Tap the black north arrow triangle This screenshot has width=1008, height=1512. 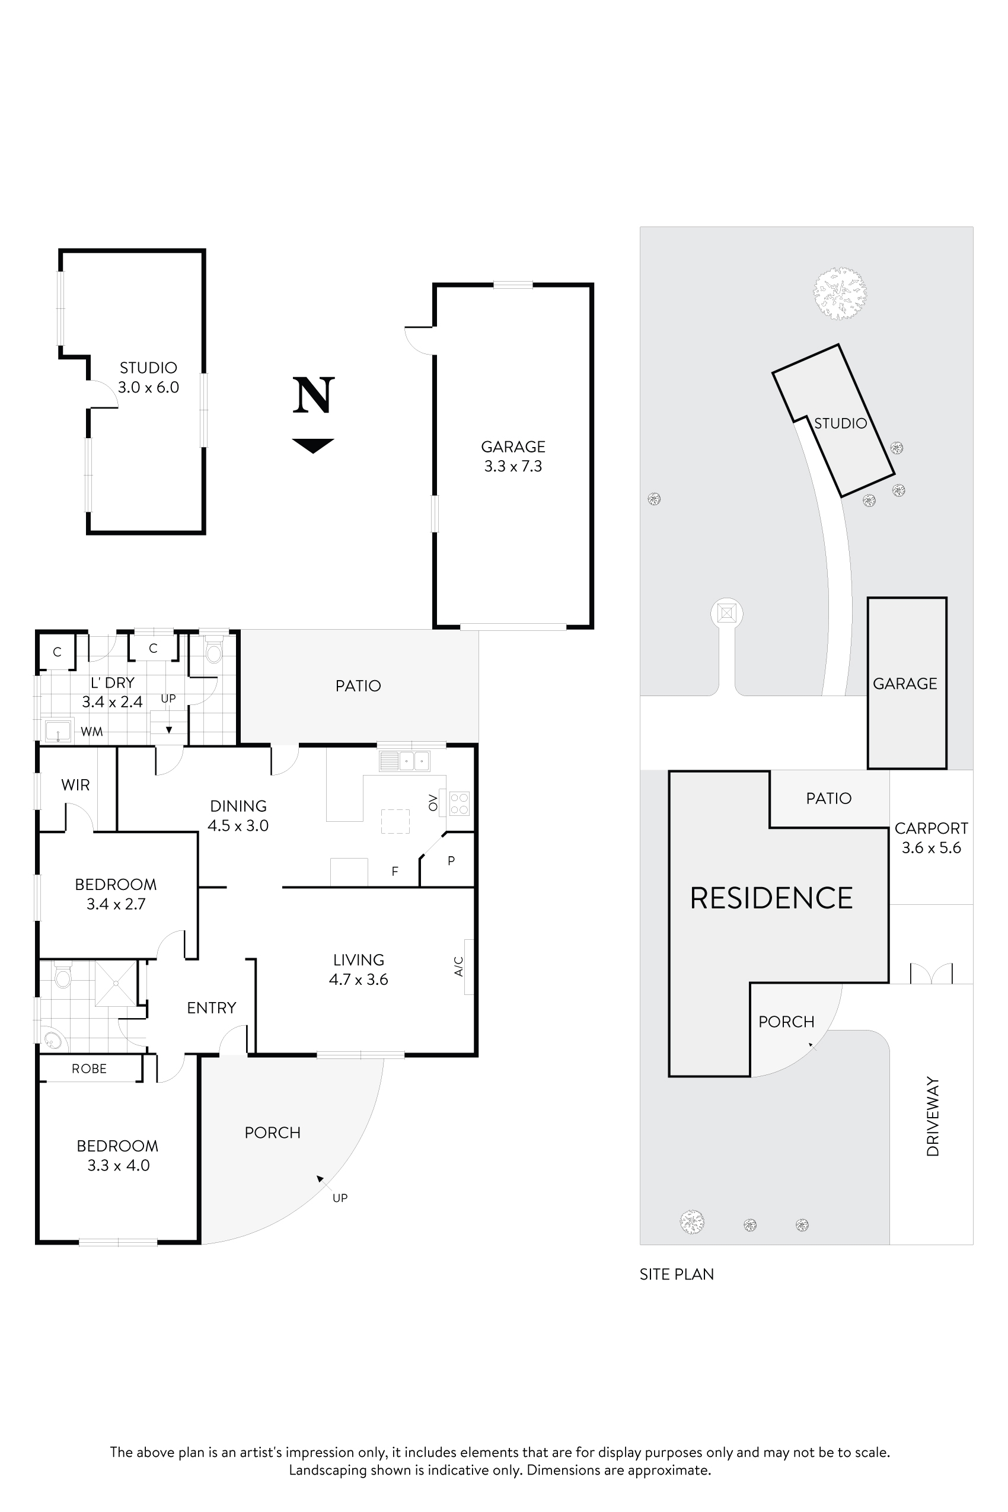tap(313, 445)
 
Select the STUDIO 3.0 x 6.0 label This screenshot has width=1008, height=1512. tap(148, 377)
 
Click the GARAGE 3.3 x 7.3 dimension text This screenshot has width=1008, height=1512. tap(513, 466)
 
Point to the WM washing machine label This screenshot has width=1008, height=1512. tap(92, 732)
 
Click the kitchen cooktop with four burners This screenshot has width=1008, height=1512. tap(459, 803)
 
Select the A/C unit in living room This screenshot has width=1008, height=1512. tap(468, 966)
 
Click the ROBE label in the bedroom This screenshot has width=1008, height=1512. tap(90, 1068)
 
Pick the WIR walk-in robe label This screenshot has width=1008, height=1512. tap(75, 785)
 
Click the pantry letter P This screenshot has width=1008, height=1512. tap(451, 860)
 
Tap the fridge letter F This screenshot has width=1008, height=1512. tap(395, 872)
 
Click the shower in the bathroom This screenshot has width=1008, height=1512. tap(116, 983)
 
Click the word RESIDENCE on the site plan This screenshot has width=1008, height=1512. tap(771, 898)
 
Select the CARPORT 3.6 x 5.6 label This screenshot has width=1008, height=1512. tap(931, 838)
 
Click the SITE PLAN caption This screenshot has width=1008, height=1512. tap(677, 1274)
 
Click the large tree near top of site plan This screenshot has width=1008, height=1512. tap(839, 293)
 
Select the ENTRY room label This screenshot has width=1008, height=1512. tap(212, 1007)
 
